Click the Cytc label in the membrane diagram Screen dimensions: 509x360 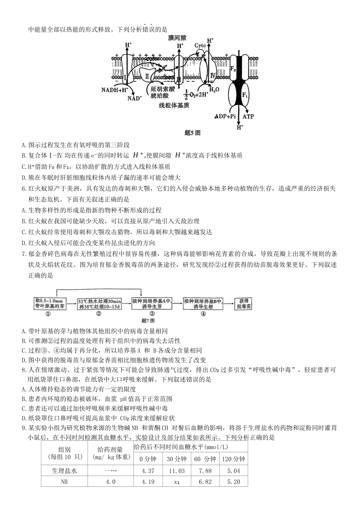[200, 46]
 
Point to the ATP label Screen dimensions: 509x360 [248, 117]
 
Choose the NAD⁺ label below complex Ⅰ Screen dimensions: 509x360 [135, 98]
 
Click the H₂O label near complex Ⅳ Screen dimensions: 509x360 [214, 90]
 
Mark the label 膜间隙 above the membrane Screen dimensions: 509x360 [178, 38]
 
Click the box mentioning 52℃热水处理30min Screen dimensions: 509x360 [99, 303]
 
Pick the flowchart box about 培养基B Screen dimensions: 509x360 [203, 303]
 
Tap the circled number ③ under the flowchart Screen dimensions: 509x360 [152, 314]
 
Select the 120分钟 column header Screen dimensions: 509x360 [233, 459]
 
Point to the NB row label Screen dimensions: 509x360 [64, 482]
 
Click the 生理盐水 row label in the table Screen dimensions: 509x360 [64, 471]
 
